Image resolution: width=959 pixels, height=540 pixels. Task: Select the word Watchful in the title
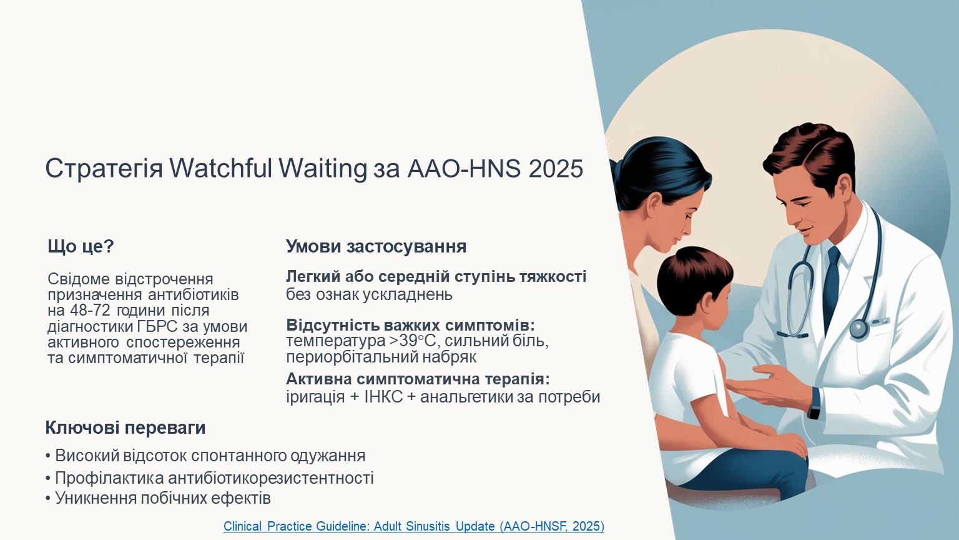tap(221, 168)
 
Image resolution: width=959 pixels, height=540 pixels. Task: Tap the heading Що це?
tap(81, 246)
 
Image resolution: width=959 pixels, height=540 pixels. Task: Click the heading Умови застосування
tap(376, 246)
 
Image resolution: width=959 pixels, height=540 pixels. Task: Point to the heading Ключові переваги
tap(125, 427)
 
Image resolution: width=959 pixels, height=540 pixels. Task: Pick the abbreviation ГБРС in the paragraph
tap(157, 327)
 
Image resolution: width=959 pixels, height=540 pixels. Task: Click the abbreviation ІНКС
tap(383, 397)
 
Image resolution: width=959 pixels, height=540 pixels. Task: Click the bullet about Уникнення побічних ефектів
tap(158, 498)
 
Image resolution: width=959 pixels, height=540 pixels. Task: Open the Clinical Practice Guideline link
tap(413, 526)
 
